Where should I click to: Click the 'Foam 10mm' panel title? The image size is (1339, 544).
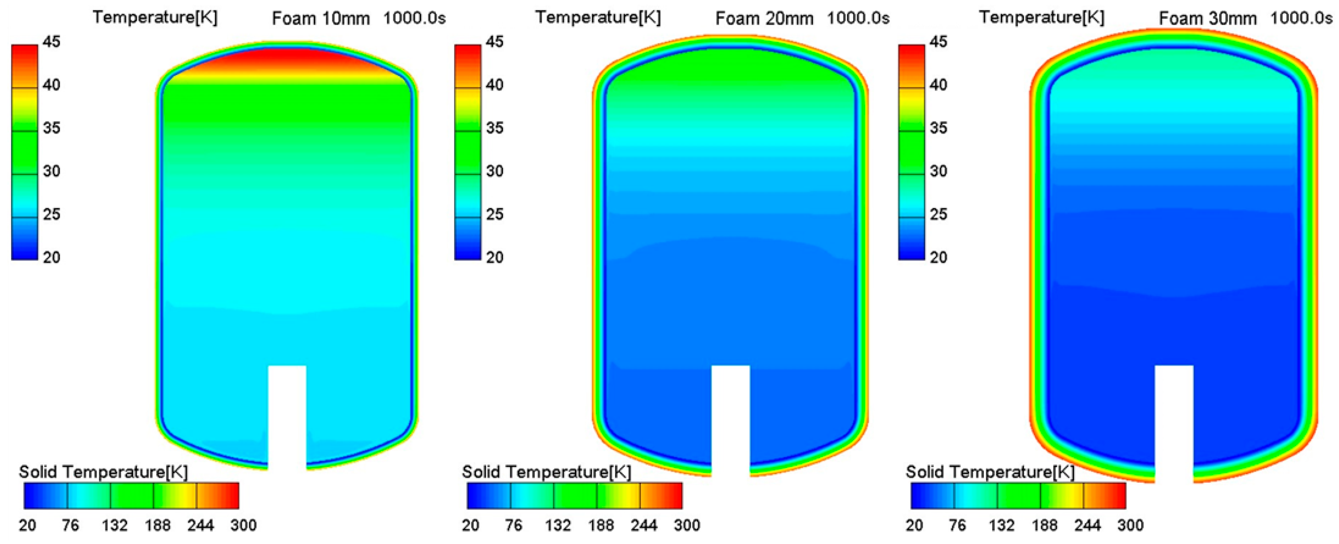coord(321,19)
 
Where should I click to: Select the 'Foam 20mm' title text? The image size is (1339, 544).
coord(764,19)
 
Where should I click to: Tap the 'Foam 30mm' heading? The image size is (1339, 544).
coord(1208,19)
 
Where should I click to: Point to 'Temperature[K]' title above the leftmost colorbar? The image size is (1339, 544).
coord(155,18)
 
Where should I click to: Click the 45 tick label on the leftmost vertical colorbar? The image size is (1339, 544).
coord(51,42)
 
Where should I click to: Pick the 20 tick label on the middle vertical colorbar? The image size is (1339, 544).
coord(494,257)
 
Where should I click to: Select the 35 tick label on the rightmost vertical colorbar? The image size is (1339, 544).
coord(938,128)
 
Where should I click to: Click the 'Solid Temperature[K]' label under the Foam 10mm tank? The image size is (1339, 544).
coord(103,472)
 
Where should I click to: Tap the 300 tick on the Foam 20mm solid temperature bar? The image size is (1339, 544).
coord(687,525)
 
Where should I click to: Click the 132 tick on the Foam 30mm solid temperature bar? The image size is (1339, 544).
coord(1002,525)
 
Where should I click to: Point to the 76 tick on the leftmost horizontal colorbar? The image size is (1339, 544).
coord(70,525)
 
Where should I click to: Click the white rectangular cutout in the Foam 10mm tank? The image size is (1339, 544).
coord(287,416)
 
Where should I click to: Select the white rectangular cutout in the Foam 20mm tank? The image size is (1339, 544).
coord(730,418)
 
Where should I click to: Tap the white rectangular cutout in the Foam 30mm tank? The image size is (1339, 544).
coord(1174,421)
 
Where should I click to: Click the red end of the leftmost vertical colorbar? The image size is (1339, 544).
coord(24,52)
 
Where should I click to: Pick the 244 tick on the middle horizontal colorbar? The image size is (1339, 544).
coord(643,525)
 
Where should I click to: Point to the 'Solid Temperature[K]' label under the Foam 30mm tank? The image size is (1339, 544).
coord(990,472)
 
